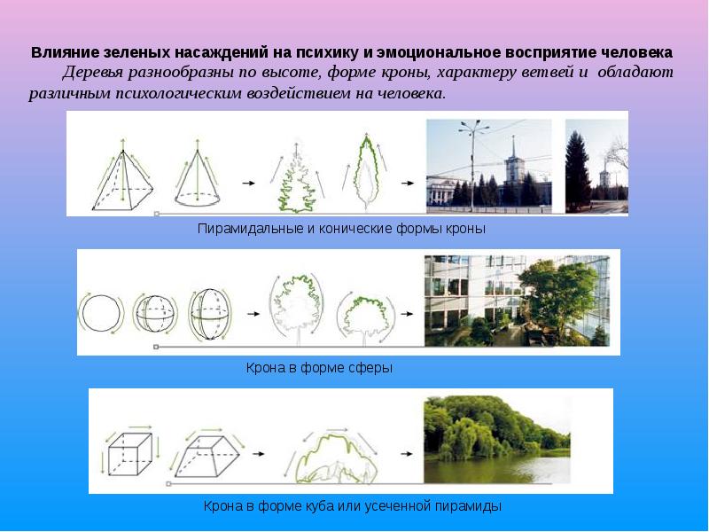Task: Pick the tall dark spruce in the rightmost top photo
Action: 576,168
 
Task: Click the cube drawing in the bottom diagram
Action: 129,453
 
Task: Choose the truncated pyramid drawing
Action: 207,453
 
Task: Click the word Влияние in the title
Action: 60,52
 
